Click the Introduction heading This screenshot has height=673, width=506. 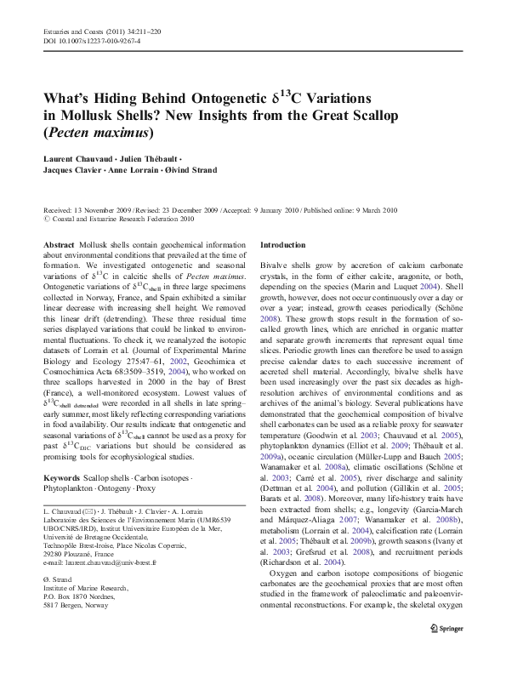point(285,244)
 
